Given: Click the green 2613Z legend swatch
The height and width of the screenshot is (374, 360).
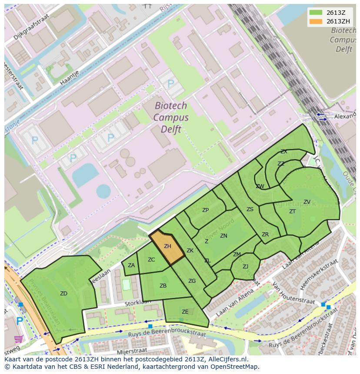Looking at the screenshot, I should (x=316, y=13).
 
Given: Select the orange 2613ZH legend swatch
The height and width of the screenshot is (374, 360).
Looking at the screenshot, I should (x=316, y=22).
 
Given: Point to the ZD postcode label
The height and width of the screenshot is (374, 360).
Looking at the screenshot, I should (x=63, y=294).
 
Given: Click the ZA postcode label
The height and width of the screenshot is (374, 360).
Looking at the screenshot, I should (x=131, y=265).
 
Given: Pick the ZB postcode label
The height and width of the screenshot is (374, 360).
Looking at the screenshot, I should (x=163, y=286).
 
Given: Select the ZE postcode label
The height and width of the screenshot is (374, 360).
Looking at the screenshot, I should (x=185, y=312).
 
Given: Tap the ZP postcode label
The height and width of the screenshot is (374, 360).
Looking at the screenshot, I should (x=205, y=210).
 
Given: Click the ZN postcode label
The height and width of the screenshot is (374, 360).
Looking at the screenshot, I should (x=223, y=236).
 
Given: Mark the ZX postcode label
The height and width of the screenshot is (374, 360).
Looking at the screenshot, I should (x=283, y=152).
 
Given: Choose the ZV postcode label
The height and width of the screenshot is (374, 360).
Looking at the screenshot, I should (x=307, y=202).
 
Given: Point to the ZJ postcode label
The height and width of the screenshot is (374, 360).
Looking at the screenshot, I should (x=245, y=267).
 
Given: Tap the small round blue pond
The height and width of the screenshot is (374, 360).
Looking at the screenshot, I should (x=103, y=191).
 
